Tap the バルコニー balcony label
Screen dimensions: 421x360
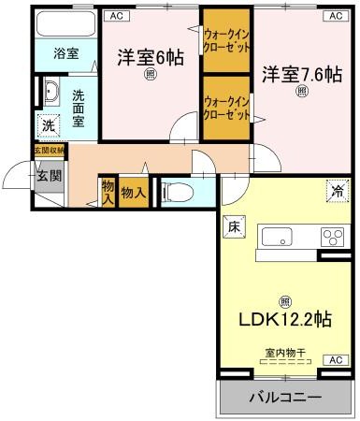pyautogui.click(x=285, y=398)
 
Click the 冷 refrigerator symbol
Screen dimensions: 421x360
pyautogui.click(x=335, y=191)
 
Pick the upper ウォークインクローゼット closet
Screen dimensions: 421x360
pyautogui.click(x=226, y=41)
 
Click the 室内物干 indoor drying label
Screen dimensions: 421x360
pyautogui.click(x=283, y=354)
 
